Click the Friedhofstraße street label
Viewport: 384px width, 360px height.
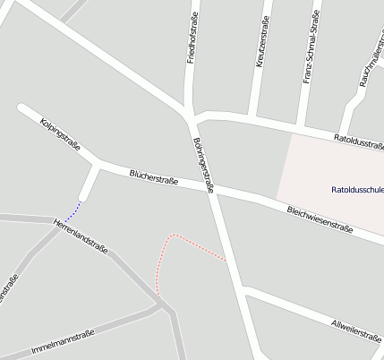192,38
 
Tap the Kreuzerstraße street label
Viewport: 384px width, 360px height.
262,42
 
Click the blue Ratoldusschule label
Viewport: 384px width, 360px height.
357,190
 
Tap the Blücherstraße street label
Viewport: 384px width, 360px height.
153,177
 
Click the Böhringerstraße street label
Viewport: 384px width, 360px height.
203,166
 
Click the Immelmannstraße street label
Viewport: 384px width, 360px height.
63,342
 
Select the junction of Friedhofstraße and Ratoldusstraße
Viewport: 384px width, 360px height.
193,116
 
